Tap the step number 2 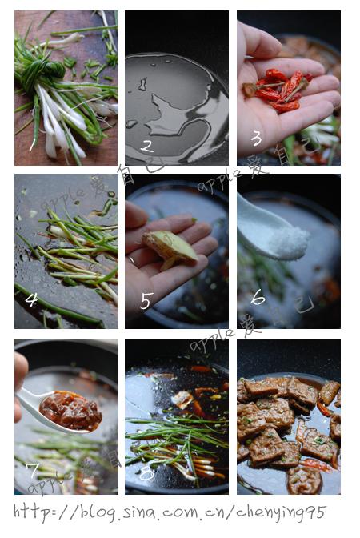coord(146,146)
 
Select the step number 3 coord(256,138)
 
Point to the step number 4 coord(31,299)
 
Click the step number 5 coord(146,300)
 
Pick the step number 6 coord(258,297)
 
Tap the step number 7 coord(32,468)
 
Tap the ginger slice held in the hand coord(170,248)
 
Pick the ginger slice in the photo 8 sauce coord(182,399)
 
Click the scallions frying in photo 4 coord(76,248)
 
